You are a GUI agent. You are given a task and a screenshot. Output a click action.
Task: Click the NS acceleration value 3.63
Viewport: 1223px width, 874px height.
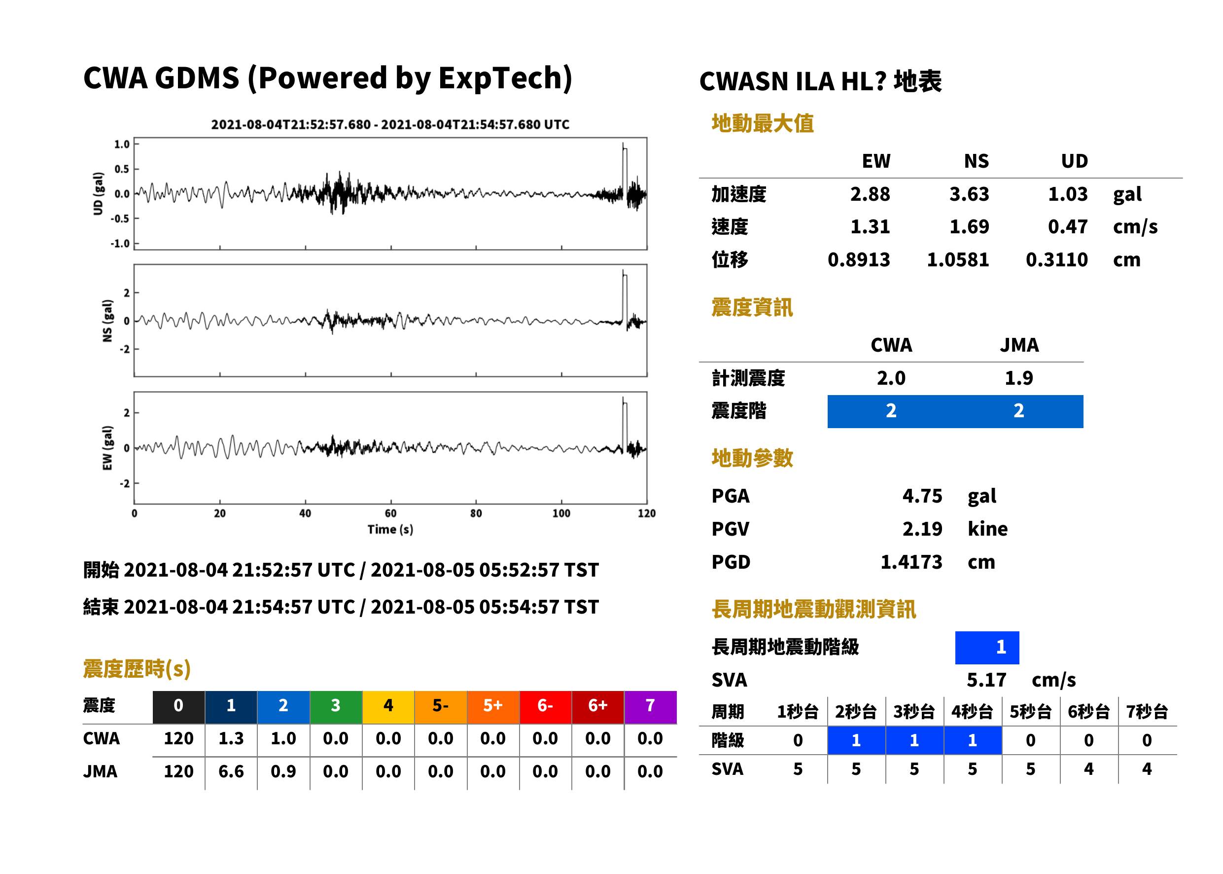[x=969, y=194]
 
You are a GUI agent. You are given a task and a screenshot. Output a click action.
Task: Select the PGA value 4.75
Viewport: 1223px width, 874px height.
[x=922, y=496]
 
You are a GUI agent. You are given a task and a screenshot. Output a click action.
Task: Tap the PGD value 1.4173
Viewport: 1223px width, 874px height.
[x=911, y=562]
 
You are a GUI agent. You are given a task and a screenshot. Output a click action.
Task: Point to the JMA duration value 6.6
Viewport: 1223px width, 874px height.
[x=231, y=771]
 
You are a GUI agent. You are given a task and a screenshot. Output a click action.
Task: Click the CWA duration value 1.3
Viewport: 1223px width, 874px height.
[x=231, y=738]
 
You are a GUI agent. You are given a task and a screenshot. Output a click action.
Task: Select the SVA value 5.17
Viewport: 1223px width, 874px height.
[x=986, y=680]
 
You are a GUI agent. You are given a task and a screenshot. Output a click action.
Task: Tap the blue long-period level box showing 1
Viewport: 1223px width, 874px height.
[x=987, y=648]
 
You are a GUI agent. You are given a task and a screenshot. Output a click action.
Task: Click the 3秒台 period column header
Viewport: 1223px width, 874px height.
[x=914, y=712]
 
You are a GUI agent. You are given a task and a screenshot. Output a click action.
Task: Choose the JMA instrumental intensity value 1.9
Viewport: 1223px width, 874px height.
[x=1018, y=378]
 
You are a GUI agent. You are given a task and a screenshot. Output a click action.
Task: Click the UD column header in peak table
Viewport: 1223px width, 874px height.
[x=1074, y=161]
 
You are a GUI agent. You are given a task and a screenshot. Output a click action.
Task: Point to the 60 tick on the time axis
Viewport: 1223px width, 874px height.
[x=390, y=513]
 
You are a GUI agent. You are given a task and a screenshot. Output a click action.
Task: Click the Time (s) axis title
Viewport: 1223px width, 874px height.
[x=390, y=530]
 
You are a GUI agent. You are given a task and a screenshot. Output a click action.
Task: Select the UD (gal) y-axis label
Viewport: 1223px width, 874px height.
[x=98, y=194]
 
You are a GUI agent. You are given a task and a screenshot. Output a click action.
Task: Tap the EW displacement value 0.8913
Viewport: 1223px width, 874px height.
[x=859, y=260]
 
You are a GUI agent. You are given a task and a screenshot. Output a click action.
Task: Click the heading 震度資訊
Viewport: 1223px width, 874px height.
[x=752, y=308]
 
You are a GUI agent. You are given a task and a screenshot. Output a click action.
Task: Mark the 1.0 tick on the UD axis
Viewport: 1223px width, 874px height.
[x=122, y=144]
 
